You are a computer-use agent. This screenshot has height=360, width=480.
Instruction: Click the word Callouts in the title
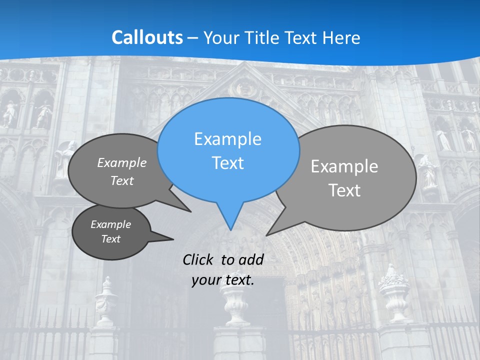click(x=147, y=37)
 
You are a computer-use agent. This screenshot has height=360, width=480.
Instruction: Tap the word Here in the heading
click(x=341, y=38)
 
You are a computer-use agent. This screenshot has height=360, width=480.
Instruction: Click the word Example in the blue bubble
click(x=227, y=138)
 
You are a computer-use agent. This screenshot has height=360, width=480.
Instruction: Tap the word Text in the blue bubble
click(x=227, y=163)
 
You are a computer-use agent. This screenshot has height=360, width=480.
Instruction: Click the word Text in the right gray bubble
click(x=344, y=190)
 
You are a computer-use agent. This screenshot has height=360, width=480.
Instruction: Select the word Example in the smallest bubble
click(x=110, y=224)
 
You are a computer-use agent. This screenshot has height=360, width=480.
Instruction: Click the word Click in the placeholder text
click(x=199, y=259)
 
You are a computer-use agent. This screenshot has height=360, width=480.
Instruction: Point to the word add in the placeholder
click(x=251, y=259)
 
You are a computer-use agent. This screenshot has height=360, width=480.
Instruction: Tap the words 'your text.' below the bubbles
click(x=223, y=280)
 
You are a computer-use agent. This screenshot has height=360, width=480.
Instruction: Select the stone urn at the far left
click(x=106, y=300)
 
